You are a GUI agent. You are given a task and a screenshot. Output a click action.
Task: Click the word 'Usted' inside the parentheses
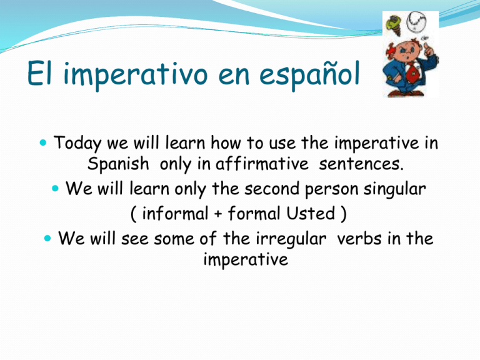click(314, 213)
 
